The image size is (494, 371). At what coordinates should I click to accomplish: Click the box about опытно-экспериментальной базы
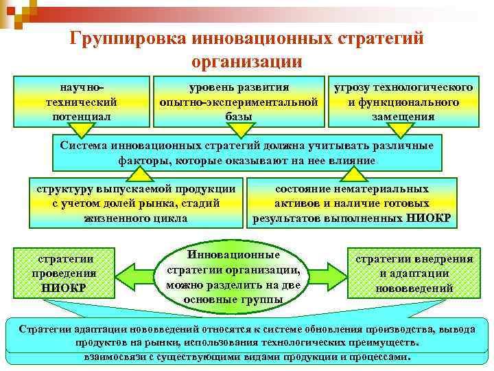pyautogui.click(x=238, y=102)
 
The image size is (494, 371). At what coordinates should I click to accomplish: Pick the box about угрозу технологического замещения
pyautogui.click(x=403, y=102)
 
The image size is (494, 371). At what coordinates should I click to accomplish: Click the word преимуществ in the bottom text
pyautogui.click(x=389, y=341)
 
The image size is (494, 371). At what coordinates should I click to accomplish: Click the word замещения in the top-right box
pyautogui.click(x=403, y=116)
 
